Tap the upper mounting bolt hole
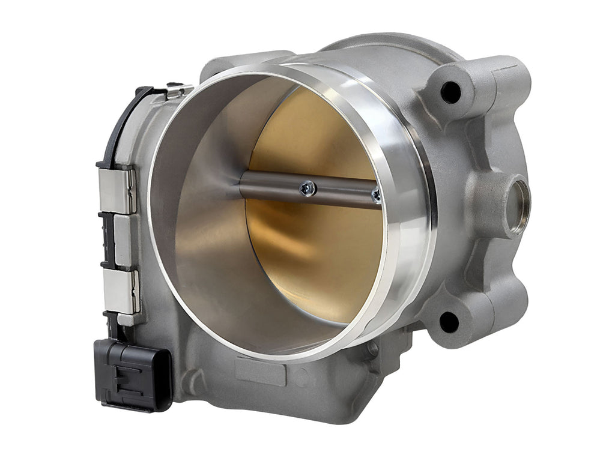coord(450,92)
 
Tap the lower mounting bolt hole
coord(449,322)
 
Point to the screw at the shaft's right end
coord(376,194)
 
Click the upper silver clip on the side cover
coord(117,191)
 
